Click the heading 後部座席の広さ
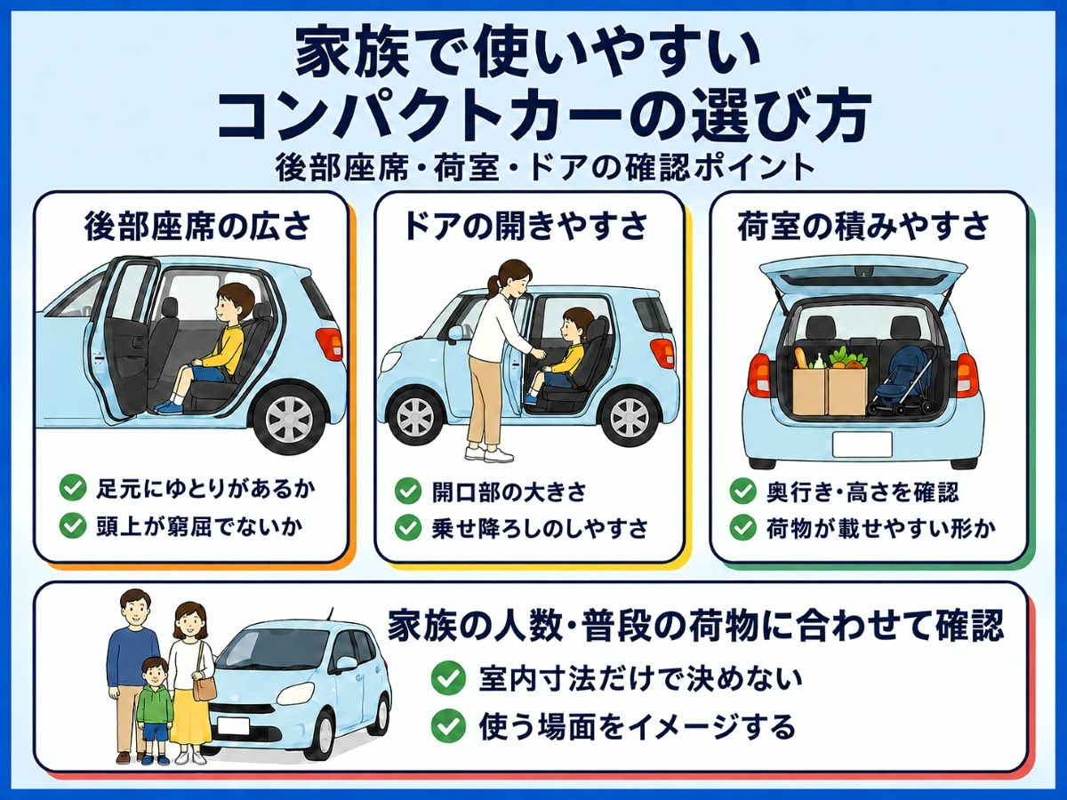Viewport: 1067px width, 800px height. pyautogui.click(x=197, y=227)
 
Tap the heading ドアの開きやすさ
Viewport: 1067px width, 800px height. pyautogui.click(x=526, y=227)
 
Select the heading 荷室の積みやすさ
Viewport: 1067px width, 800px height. pyautogui.click(x=863, y=227)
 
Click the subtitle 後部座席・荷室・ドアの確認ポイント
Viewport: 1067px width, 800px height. pyautogui.click(x=544, y=168)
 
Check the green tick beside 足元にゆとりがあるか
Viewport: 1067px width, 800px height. pyautogui.click(x=73, y=488)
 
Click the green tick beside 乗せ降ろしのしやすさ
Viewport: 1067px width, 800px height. pyautogui.click(x=408, y=528)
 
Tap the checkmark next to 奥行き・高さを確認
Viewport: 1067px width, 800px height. pyautogui.click(x=742, y=491)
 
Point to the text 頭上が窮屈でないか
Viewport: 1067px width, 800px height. pyautogui.click(x=199, y=526)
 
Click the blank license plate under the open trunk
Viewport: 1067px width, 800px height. pyautogui.click(x=862, y=444)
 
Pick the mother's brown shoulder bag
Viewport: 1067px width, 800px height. pyautogui.click(x=205, y=686)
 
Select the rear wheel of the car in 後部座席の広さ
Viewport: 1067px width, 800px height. pyautogui.click(x=290, y=418)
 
